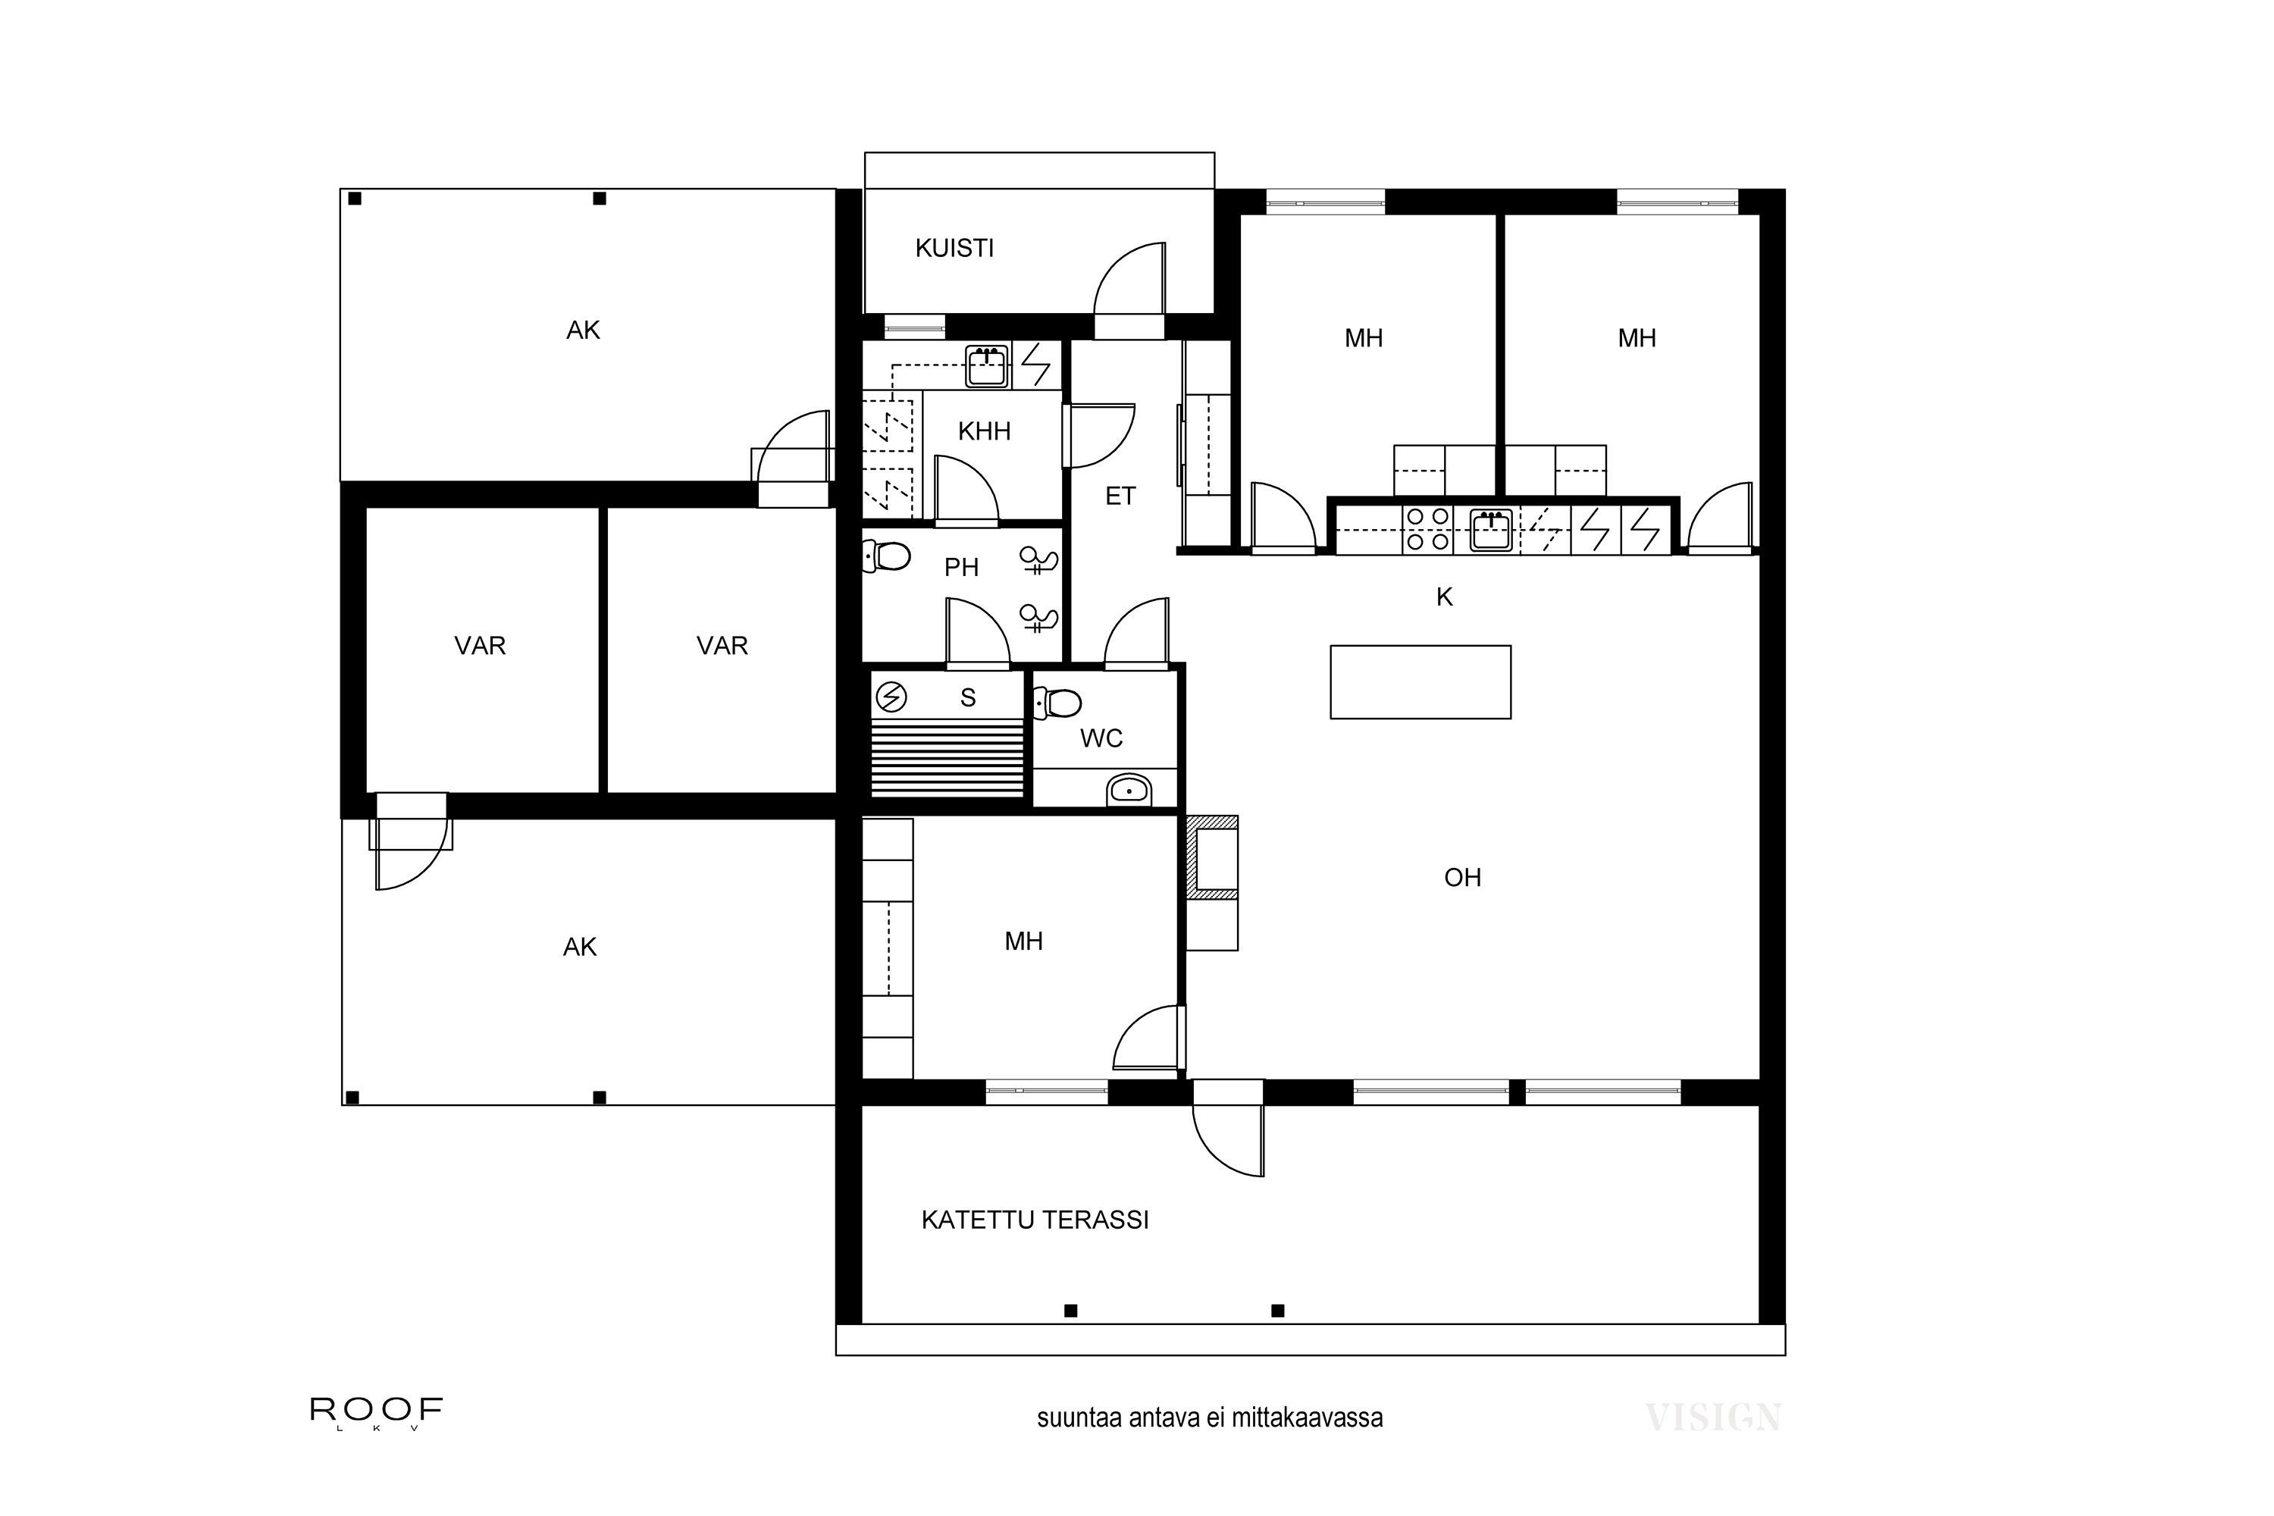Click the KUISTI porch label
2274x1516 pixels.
(954, 249)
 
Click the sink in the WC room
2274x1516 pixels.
(1129, 791)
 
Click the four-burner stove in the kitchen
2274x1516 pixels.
(1427, 529)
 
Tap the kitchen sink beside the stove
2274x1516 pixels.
(1491, 530)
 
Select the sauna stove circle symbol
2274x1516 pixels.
(891, 696)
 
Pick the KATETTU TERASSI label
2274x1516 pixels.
(1035, 1220)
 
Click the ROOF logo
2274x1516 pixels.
(376, 1411)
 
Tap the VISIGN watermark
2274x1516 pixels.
(1712, 1417)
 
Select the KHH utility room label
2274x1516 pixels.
(984, 431)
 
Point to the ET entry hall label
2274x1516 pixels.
(1120, 496)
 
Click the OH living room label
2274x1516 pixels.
(1462, 878)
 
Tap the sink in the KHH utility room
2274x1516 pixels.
(986, 366)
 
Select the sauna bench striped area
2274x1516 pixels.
(947, 757)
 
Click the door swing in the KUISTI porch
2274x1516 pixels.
(1129, 280)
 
